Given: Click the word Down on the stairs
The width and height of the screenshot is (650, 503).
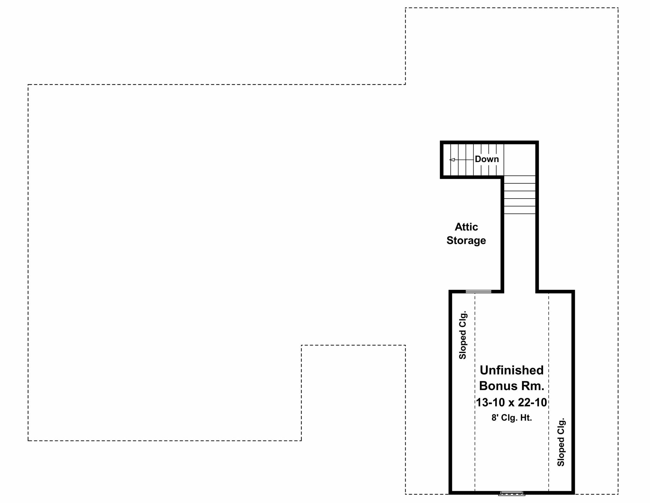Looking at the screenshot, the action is point(487,159).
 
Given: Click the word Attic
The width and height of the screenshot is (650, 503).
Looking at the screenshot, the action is point(466,227).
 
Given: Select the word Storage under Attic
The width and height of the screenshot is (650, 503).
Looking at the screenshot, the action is point(466,241).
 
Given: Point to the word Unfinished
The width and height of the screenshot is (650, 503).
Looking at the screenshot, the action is point(512,370).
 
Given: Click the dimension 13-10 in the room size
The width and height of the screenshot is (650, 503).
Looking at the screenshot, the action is point(490,403).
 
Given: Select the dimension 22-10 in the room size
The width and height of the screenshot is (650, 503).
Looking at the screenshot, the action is point(532,403).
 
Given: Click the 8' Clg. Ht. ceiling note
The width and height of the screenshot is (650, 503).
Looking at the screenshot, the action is point(512,418).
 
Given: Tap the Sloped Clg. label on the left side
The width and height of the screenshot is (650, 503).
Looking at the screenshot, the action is point(463,335).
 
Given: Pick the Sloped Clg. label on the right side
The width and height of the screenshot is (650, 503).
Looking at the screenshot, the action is point(561,442).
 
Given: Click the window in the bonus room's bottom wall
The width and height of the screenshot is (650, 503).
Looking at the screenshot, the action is point(512,493).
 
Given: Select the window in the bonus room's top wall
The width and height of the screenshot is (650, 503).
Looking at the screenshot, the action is point(478,291).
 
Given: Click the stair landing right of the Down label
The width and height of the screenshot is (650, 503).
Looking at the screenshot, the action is point(520,160).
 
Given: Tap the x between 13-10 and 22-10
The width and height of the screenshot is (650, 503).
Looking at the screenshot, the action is point(511,403).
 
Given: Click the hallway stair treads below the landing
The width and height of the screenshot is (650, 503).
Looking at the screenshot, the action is point(520,195).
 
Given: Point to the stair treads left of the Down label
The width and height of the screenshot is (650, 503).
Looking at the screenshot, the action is point(462,160).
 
